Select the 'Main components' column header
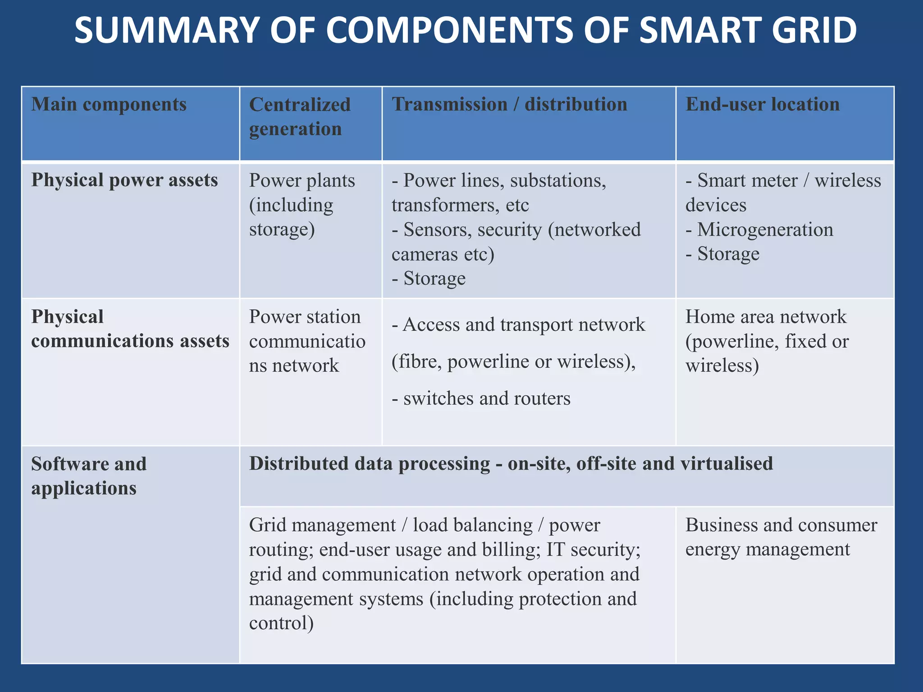tap(109, 105)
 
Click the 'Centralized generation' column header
tap(299, 117)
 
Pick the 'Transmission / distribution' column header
tap(509, 105)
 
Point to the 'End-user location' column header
tap(763, 105)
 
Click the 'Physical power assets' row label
tap(124, 180)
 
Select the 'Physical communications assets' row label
tap(130, 329)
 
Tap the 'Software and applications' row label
tap(89, 476)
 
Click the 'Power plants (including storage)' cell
tap(302, 205)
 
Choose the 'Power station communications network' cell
tap(306, 341)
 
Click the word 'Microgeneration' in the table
tap(765, 230)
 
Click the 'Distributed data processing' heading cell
tap(511, 464)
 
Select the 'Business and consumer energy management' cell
tap(781, 537)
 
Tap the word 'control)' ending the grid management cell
tap(281, 623)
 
